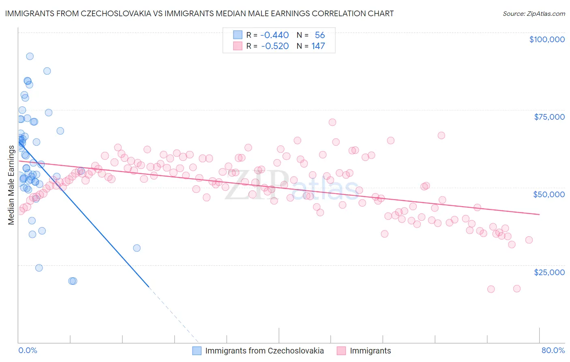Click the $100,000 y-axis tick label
(x=546, y=39)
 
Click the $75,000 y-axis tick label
(x=549, y=117)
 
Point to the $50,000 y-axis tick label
(x=549, y=194)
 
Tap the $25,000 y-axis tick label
(x=549, y=272)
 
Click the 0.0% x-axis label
(x=28, y=350)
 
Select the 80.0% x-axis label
(x=553, y=350)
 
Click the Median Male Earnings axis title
(x=11, y=185)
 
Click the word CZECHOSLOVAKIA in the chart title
(x=112, y=13)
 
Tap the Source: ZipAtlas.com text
(x=534, y=14)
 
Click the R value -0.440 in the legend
(x=274, y=35)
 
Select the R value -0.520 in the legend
(x=274, y=46)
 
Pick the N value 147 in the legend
(x=318, y=46)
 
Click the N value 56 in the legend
(x=320, y=35)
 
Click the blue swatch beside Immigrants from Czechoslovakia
(x=197, y=351)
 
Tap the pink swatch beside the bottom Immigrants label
(x=341, y=351)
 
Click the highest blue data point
(x=30, y=56)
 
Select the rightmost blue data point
(x=137, y=248)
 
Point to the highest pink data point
(x=332, y=122)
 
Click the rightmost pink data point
(x=529, y=240)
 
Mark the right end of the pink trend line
(x=539, y=214)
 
